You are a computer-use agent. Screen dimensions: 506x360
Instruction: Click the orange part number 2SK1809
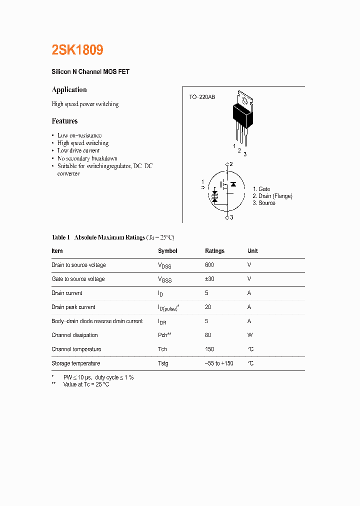coord(77,50)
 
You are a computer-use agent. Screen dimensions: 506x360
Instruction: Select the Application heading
coord(69,90)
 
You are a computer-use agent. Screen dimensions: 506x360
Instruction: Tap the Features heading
coord(64,121)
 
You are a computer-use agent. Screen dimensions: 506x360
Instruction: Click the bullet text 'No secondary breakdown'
coord(87,158)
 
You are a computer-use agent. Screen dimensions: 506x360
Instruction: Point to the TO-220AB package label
coord(202,97)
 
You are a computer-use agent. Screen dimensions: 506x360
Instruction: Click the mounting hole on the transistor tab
coord(245,100)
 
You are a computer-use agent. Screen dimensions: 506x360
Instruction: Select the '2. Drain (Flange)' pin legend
coord(272,196)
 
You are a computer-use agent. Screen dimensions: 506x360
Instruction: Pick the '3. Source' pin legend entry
coord(263,203)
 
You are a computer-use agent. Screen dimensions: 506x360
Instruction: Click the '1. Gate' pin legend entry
coord(261,189)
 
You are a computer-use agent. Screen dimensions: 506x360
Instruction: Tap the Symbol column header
coord(167,251)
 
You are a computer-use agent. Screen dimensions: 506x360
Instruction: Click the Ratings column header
coord(214,251)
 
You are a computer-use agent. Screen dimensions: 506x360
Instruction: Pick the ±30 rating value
coord(209,279)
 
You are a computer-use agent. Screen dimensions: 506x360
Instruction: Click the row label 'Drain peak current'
coord(73,307)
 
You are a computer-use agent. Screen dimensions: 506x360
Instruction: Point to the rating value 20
coord(208,307)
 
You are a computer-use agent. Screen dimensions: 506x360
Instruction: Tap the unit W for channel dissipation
coord(250,335)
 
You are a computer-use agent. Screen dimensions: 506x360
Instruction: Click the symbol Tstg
coord(163,363)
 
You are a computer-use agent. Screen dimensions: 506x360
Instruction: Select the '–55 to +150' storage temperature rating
coord(219,363)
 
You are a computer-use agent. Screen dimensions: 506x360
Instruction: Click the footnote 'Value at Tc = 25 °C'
coord(86,384)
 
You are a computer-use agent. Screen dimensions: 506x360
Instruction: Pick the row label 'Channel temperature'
coord(76,349)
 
